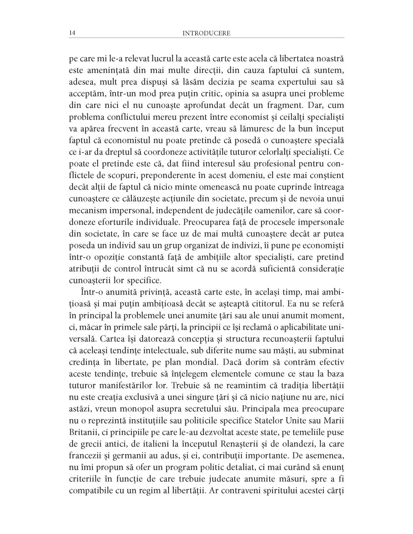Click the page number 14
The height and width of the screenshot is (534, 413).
coord(72,33)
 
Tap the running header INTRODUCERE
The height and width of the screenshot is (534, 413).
coord(206,33)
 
